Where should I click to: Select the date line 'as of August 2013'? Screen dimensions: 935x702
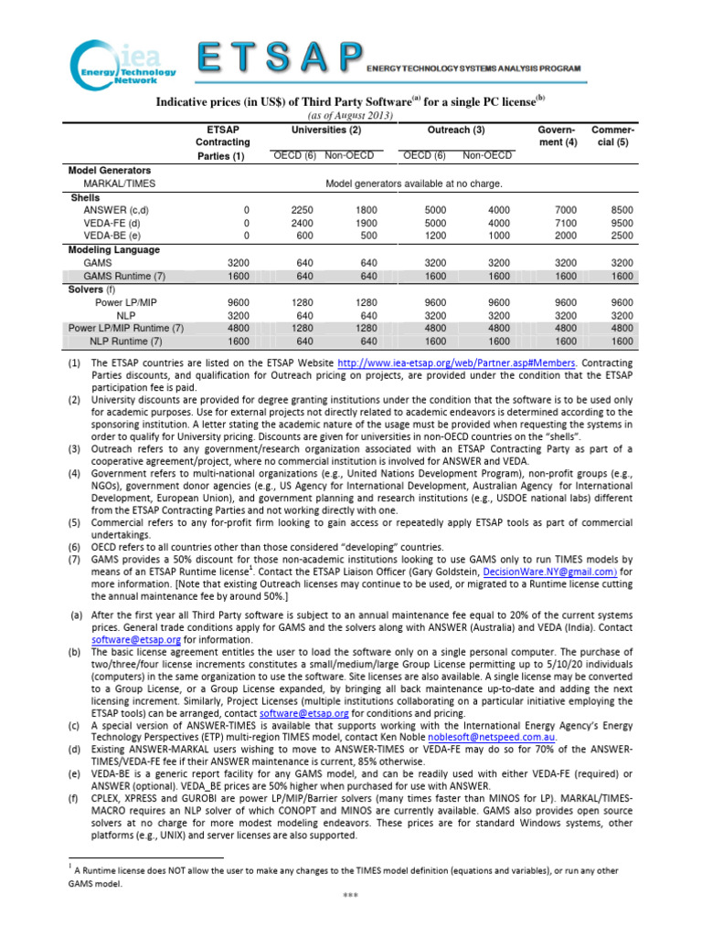click(352, 116)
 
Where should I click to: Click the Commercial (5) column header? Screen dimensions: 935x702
click(613, 136)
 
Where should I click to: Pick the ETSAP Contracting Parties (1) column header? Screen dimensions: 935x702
click(221, 142)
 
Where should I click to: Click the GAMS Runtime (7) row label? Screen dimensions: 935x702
click(124, 275)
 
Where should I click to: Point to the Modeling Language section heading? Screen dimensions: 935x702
click(114, 249)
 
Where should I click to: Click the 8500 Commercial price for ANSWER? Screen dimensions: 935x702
click(622, 209)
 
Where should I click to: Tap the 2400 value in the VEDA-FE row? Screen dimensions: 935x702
click(301, 222)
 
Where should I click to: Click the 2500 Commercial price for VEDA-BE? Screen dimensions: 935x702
click(622, 235)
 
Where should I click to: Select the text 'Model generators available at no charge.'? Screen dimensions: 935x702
click(414, 183)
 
